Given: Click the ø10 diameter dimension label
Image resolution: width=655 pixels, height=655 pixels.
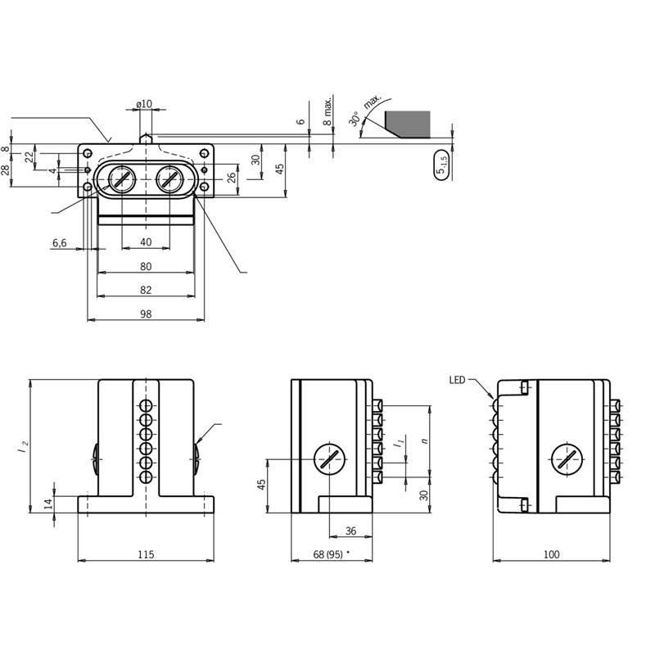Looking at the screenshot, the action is coord(144,104).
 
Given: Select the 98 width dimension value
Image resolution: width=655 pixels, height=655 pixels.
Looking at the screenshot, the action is coord(146,314).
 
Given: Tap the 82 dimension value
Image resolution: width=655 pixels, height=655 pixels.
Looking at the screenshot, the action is coord(146,290).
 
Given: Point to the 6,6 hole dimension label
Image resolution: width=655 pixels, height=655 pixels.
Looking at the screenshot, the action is coord(59,242).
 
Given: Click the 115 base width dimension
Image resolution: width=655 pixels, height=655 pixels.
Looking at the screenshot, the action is coord(146,554).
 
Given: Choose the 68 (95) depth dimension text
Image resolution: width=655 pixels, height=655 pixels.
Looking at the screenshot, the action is coord(328,554).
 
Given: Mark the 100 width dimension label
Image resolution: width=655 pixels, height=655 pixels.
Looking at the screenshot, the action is coord(551,554).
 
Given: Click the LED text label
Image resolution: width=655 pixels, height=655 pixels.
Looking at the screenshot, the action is coord(457,380).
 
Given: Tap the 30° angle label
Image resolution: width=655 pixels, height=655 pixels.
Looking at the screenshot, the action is coord(355,119).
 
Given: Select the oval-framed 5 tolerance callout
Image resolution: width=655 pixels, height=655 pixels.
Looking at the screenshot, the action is coord(441,165).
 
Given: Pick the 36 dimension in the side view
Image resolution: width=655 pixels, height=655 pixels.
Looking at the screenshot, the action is coord(351,531).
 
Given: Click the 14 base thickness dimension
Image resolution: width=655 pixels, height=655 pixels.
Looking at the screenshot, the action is coord(49,504).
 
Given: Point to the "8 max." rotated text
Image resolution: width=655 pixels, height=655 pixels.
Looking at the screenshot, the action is coord(328,111).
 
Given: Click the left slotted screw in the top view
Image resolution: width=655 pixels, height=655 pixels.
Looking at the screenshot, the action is coord(121,179).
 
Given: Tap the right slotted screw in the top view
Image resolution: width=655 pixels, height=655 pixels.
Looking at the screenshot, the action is coord(169,179).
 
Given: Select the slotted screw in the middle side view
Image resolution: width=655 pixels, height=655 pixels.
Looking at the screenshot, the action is coord(330,459).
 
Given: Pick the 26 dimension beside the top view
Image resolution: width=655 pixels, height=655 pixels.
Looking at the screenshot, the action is coord(232,178).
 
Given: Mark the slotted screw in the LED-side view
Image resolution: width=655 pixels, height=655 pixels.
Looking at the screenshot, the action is coord(567,459).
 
